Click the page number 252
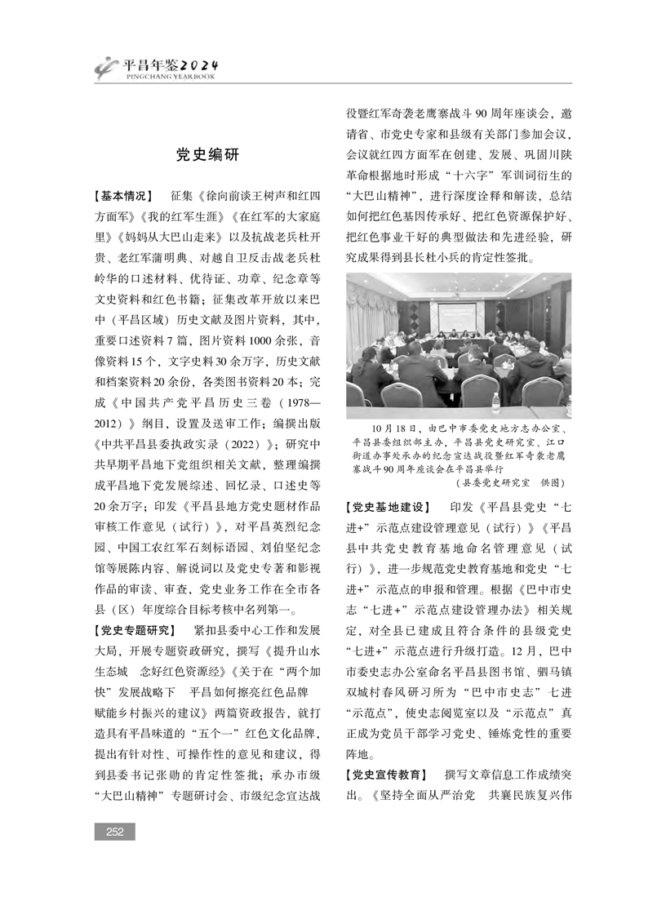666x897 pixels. point(114,832)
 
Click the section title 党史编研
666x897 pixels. point(208,154)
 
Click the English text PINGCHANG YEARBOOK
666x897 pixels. point(170,77)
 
